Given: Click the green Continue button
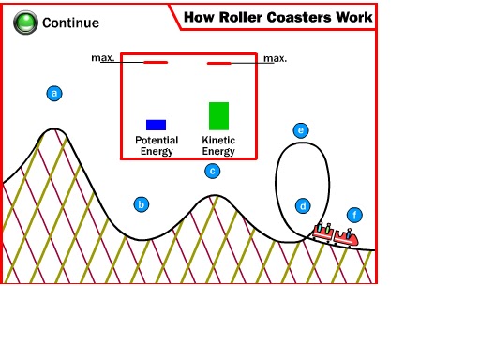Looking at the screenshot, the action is click(25, 22).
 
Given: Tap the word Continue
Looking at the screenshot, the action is click(70, 22).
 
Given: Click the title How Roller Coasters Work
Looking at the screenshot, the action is click(278, 17).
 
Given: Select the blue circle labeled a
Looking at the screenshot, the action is click(54, 93).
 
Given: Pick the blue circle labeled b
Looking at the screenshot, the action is click(142, 204).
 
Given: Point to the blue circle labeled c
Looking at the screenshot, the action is click(213, 171).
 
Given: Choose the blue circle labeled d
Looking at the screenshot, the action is click(303, 206).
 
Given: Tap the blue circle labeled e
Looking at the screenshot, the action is click(301, 130).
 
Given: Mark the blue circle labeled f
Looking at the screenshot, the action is click(354, 215).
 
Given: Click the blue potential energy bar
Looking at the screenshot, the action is click(156, 125).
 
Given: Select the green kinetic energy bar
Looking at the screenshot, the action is click(218, 116).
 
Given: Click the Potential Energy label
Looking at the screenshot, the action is click(157, 145).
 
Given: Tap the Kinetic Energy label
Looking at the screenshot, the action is click(218, 145).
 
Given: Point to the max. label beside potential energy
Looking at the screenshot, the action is click(103, 58).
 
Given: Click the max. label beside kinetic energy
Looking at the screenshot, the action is click(275, 58).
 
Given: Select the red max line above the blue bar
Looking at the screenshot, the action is click(156, 63).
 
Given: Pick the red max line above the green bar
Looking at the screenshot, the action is click(219, 63).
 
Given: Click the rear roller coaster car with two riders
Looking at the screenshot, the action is click(323, 232).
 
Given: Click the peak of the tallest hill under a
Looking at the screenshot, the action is click(54, 128).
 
